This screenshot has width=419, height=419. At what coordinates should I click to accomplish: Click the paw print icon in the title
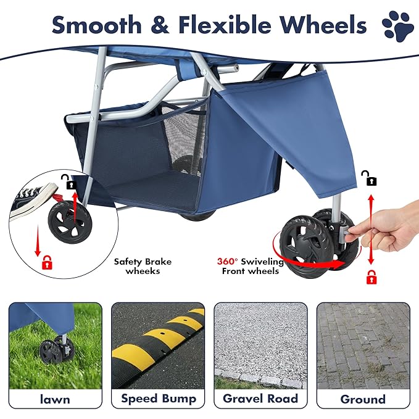coord(396,27)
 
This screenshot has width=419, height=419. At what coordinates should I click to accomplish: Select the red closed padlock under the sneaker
coord(46,263)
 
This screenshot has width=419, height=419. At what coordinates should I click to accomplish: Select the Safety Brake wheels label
coord(143,266)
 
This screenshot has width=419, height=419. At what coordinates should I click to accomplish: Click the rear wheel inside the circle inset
coord(68,222)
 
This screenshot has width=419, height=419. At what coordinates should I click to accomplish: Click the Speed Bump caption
coord(157,399)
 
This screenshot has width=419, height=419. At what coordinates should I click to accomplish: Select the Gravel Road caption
coord(260,399)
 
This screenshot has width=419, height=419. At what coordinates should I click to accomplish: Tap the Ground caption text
coord(362,399)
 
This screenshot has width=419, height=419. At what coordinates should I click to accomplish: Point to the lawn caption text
coord(55,399)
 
